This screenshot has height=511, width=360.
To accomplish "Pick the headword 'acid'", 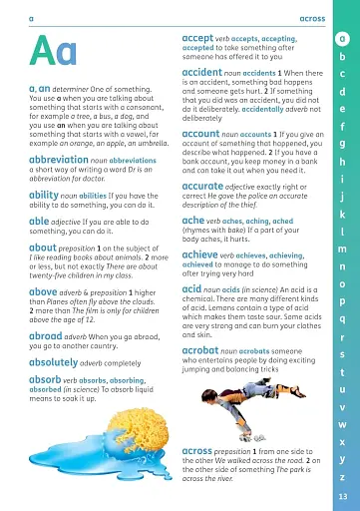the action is pyautogui.click(x=194, y=288).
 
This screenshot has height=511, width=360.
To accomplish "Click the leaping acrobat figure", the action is pyautogui.click(x=245, y=408).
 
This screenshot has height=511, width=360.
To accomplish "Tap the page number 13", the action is pyautogui.click(x=342, y=497).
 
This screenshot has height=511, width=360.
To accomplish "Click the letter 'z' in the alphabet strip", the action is pyautogui.click(x=342, y=476).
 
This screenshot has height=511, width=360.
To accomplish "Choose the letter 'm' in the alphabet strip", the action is pyautogui.click(x=342, y=249).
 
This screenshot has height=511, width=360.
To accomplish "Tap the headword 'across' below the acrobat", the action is pyautogui.click(x=203, y=452).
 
